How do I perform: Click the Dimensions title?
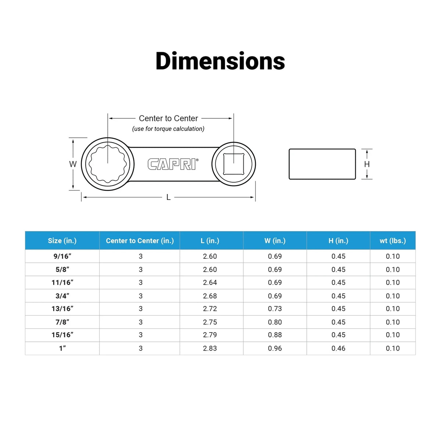[x=220, y=61]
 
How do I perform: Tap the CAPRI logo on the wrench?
[x=173, y=164]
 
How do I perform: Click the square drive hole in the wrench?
[x=233, y=164]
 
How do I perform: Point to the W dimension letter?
[x=73, y=164]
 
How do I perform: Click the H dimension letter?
[x=367, y=164]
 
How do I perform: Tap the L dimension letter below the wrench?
[x=168, y=197]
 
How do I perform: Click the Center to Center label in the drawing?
[x=168, y=118]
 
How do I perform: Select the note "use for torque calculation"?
[x=168, y=129]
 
